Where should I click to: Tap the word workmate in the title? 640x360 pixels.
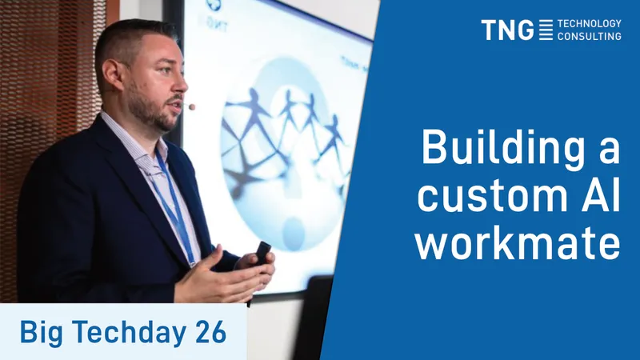(x=518, y=243)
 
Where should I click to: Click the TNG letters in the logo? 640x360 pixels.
(x=507, y=30)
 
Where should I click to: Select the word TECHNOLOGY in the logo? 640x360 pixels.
(x=590, y=24)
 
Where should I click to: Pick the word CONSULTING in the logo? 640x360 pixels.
(x=590, y=36)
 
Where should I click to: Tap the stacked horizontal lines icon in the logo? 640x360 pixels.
(x=546, y=30)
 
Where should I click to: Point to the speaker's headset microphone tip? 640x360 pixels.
(x=191, y=107)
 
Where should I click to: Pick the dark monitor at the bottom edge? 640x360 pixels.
(x=314, y=318)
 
